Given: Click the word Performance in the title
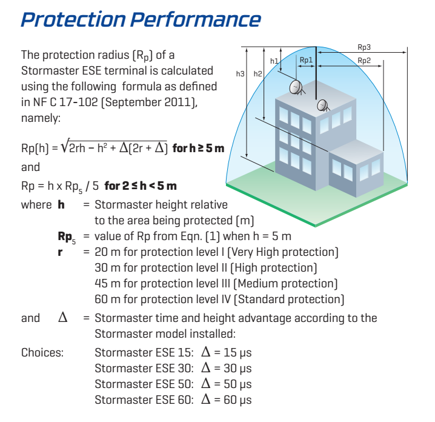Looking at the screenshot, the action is click(x=196, y=19).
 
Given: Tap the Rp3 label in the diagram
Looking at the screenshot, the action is click(x=364, y=47).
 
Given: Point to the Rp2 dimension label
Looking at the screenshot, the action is click(x=364, y=61).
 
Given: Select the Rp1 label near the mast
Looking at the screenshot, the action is click(x=307, y=59).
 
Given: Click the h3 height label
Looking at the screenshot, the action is click(x=241, y=73).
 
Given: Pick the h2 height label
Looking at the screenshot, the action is click(x=257, y=73).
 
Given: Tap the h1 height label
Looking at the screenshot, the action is click(x=274, y=61).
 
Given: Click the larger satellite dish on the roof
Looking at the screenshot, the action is click(x=296, y=87).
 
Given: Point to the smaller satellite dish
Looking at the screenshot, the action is click(x=323, y=105).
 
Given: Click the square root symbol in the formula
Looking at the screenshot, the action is click(x=65, y=146).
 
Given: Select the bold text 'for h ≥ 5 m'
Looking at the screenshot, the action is click(x=198, y=149).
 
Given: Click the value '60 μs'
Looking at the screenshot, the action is click(x=237, y=400).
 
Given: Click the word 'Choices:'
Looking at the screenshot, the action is click(x=42, y=353).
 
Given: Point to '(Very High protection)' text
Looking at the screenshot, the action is click(x=283, y=252).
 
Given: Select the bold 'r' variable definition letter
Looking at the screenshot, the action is click(x=60, y=253).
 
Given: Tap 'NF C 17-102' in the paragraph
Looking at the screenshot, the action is click(x=65, y=102).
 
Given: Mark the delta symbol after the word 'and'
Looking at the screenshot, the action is click(x=62, y=317).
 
